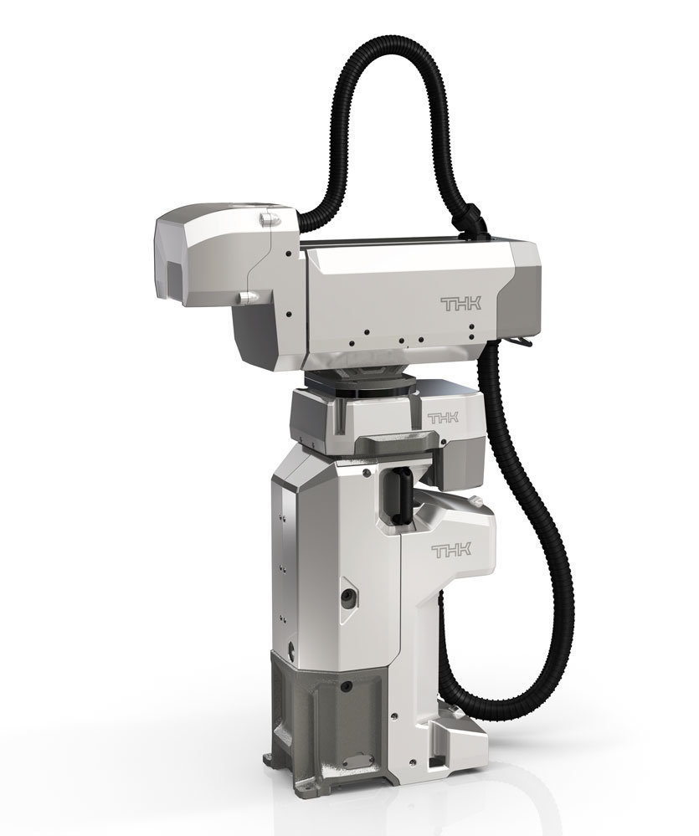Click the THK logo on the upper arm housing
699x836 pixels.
point(460,304)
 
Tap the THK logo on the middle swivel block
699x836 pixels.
point(443,417)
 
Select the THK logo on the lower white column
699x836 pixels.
point(451,551)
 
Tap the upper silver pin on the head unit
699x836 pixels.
point(268,218)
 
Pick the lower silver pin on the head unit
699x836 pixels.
point(248,296)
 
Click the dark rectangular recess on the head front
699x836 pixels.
point(176,278)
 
